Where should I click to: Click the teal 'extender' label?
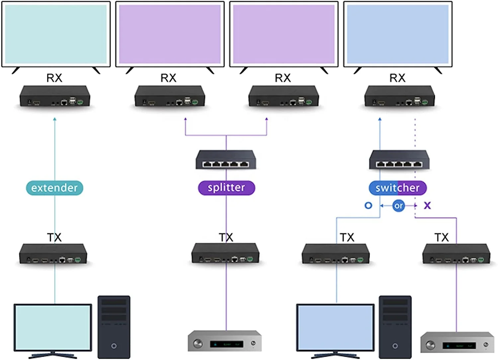54,188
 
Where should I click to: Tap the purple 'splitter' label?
226,188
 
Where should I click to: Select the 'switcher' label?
398,188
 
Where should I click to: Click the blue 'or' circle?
398,206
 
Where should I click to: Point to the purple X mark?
427,206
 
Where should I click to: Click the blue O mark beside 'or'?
368,206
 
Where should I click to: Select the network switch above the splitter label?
226,160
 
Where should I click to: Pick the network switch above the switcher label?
399,160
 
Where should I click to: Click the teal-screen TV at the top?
56,34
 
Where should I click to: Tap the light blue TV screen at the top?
398,34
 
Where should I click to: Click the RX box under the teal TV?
55,96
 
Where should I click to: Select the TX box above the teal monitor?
53,254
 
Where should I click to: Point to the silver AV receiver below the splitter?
225,341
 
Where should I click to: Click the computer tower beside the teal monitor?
114,327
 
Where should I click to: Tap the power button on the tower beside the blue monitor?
395,346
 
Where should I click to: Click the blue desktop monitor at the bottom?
335,327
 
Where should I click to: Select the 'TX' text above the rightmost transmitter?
442,237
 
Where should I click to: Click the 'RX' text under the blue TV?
397,78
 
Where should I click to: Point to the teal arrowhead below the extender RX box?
55,119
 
